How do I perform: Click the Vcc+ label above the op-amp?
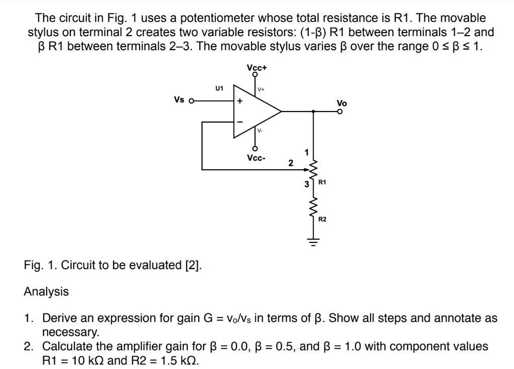[x=256, y=67]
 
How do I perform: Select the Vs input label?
[x=179, y=99]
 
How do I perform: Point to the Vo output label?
[x=342, y=103]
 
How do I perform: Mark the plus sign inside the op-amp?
[x=240, y=101]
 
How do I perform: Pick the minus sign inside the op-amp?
[x=240, y=122]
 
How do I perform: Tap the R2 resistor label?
[x=324, y=219]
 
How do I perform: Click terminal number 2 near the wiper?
[x=290, y=163]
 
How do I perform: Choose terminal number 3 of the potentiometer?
[x=306, y=184]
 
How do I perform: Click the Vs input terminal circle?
[x=191, y=100]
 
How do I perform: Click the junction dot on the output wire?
[x=314, y=111]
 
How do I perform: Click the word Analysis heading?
[x=46, y=292]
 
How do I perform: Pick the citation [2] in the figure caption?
[x=193, y=265]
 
